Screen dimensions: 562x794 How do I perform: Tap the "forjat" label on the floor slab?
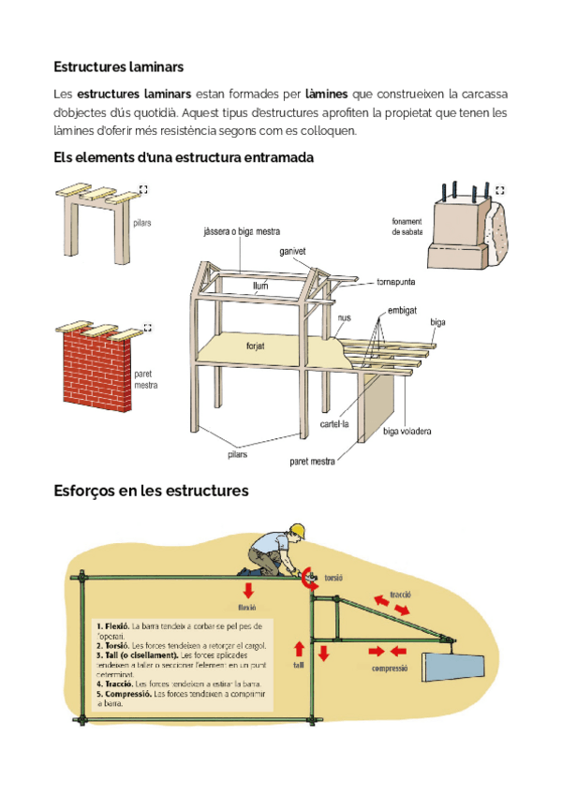coord(255,345)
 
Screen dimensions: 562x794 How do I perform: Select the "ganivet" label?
coord(293,251)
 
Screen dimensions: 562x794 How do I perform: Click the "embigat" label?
coord(402,309)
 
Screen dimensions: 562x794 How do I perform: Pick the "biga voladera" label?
coord(407,432)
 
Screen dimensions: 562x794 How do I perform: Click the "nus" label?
coord(344,318)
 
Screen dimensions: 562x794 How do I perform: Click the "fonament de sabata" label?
coord(407,228)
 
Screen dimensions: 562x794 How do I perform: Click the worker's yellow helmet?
coord(298,532)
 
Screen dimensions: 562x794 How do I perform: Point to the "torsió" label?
coord(334,579)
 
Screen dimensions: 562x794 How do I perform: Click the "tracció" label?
coord(400,594)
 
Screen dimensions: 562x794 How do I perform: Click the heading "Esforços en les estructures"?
coord(151,491)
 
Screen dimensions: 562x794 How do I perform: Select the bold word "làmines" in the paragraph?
coord(327,95)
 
